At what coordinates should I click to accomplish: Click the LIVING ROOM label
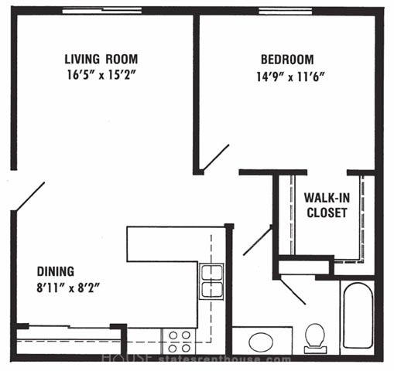(101, 59)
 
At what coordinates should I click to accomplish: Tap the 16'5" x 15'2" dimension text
(101, 75)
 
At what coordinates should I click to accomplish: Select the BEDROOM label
(287, 60)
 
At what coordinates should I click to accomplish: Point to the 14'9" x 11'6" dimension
(290, 77)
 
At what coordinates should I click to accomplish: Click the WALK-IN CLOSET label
(327, 205)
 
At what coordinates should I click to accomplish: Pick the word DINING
(56, 271)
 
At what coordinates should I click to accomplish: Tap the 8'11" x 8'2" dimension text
(68, 288)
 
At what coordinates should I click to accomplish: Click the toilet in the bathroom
(315, 338)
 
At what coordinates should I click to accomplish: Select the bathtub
(358, 315)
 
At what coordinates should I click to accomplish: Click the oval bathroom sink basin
(261, 342)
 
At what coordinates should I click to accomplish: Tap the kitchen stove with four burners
(180, 342)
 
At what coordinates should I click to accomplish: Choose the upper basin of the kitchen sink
(211, 273)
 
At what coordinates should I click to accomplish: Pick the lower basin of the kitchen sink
(211, 290)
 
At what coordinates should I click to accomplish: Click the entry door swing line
(30, 196)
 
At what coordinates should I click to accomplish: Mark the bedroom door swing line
(216, 158)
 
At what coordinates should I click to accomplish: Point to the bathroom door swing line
(293, 291)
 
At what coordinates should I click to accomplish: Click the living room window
(102, 11)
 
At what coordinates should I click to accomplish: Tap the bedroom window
(286, 11)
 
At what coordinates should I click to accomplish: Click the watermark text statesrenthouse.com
(224, 359)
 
